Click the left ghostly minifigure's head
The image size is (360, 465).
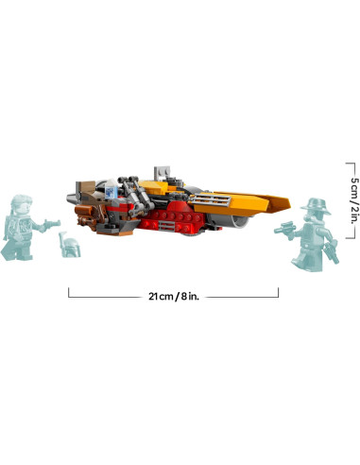[x=20, y=204]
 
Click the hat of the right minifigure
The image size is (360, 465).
[x=314, y=204]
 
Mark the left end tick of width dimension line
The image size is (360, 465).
[x=69, y=294]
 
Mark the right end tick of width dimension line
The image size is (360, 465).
[x=278, y=294]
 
